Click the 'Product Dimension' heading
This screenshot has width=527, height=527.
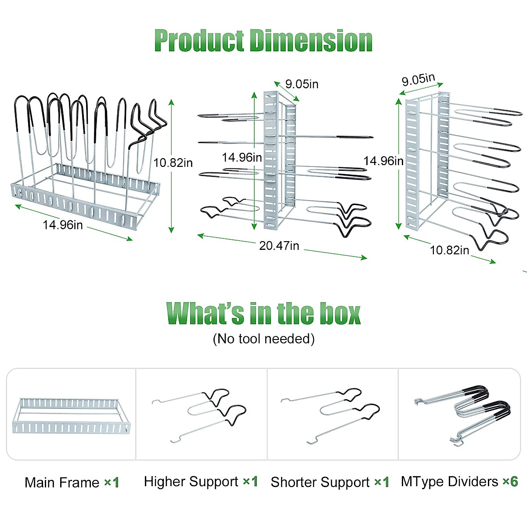[x=263, y=40]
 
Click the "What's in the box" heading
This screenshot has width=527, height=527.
[x=263, y=313]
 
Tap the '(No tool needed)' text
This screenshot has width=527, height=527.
[x=263, y=339]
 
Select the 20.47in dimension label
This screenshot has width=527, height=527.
[x=279, y=245]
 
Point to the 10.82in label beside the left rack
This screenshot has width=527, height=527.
[x=173, y=163]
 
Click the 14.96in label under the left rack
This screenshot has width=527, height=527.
[x=63, y=225]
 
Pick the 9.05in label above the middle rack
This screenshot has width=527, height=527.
[x=302, y=84]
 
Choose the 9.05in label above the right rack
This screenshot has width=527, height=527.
[x=418, y=79]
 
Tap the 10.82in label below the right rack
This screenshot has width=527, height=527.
[x=449, y=250]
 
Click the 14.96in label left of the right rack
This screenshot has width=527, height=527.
[x=383, y=161]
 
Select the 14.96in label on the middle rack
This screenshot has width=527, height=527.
[x=242, y=157]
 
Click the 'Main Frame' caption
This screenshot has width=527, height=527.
[x=62, y=482]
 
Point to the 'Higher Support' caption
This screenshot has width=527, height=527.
[x=191, y=482]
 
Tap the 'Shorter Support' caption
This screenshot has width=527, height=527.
[x=320, y=482]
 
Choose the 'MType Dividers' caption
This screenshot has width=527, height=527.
[x=450, y=482]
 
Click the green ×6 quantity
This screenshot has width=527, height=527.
[x=510, y=481]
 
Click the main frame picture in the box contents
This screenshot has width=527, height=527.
[x=71, y=416]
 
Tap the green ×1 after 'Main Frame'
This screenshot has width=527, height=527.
[x=112, y=482]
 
